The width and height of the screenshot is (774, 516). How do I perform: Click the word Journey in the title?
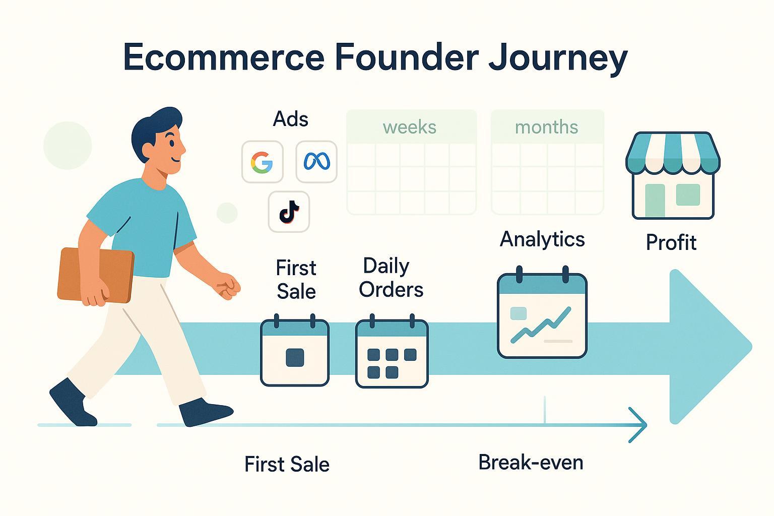(558, 58)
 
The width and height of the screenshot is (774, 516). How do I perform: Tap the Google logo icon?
(262, 162)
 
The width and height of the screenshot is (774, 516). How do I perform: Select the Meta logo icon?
(316, 161)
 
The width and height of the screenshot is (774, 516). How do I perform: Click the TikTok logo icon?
(289, 212)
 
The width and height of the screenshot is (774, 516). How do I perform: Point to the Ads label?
(291, 119)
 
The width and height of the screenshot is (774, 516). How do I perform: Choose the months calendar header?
(547, 127)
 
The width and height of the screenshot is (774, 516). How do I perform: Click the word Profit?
(671, 242)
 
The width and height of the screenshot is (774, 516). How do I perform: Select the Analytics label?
(542, 239)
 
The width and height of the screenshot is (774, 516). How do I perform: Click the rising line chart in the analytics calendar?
(541, 324)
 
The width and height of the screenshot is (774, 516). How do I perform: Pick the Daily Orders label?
(391, 278)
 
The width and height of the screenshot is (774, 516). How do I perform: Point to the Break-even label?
(531, 463)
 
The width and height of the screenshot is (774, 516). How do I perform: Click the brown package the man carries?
(96, 275)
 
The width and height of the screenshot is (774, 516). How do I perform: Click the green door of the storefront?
(655, 201)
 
